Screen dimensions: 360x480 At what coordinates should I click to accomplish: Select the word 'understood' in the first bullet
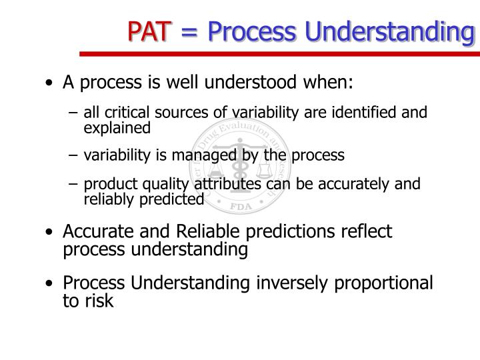point(266,84)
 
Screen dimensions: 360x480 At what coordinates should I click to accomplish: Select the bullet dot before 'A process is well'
point(51,85)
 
